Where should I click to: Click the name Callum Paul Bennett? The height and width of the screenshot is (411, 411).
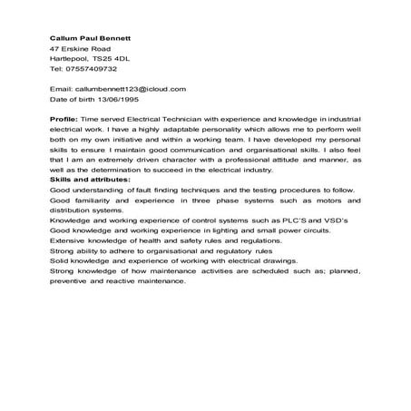pyautogui.click(x=91, y=38)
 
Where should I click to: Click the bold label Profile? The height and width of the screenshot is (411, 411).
pyautogui.click(x=64, y=118)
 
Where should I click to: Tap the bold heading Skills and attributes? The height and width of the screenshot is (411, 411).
pyautogui.click(x=90, y=179)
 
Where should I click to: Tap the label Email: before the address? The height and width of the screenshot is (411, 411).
pyautogui.click(x=61, y=89)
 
